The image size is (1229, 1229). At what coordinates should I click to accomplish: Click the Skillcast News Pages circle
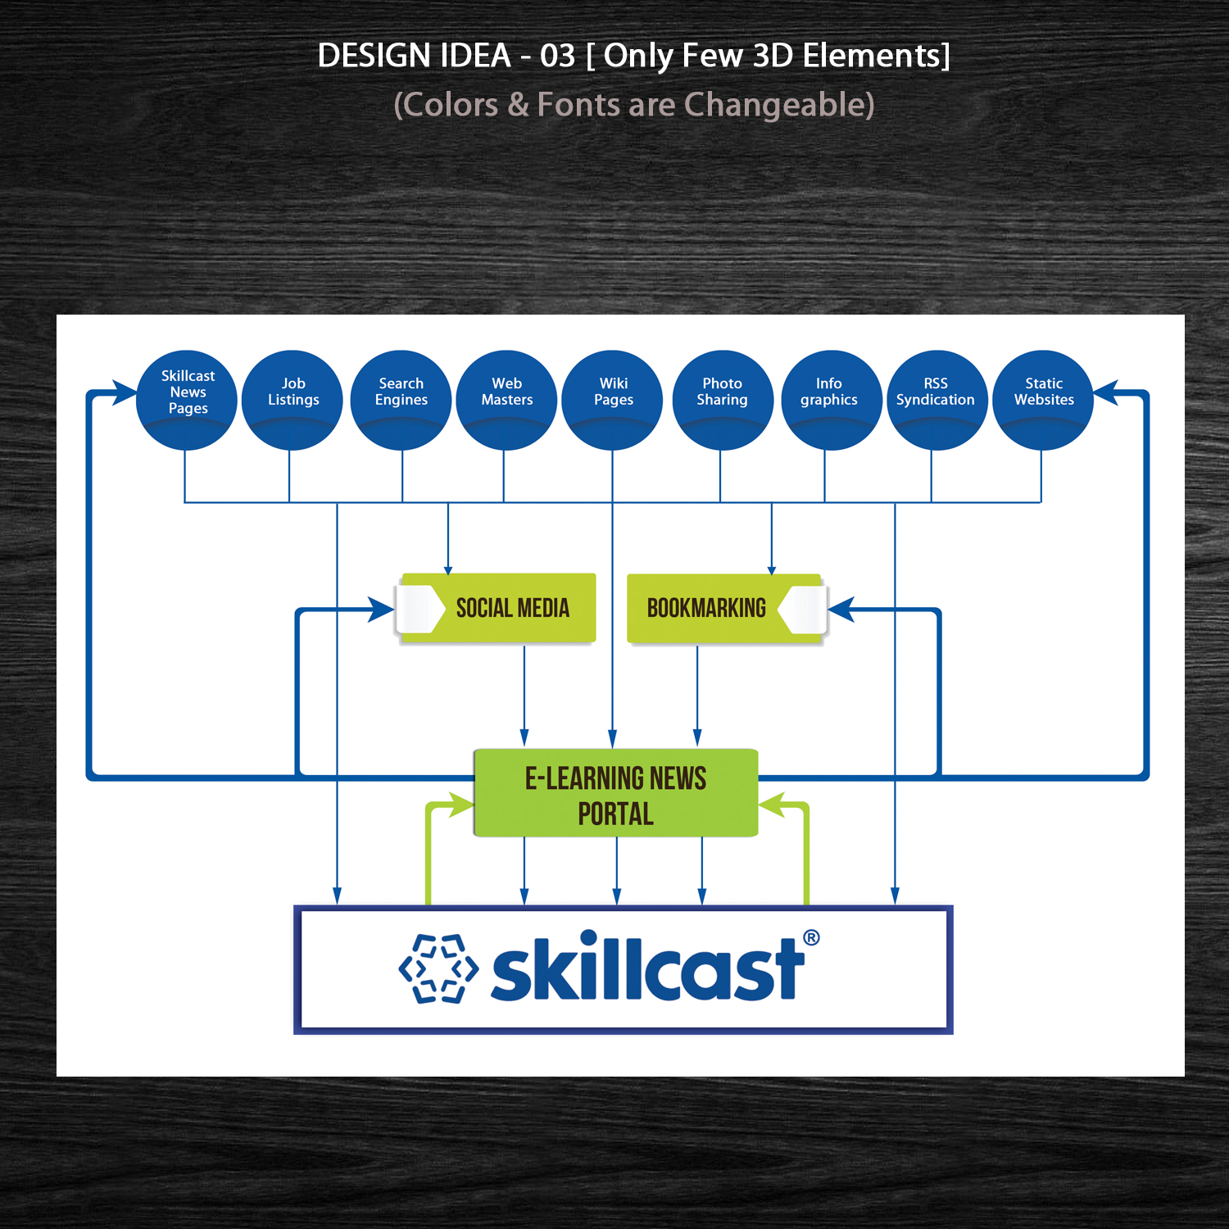[x=187, y=400]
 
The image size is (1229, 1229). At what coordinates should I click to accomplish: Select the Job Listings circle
[x=293, y=400]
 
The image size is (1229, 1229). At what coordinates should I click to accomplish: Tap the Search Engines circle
[x=401, y=400]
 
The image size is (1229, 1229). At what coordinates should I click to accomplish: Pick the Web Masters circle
[x=506, y=400]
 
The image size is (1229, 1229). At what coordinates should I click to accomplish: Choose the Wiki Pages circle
[x=613, y=400]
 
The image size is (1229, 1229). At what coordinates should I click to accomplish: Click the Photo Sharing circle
[x=722, y=400]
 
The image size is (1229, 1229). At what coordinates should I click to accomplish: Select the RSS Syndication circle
[x=936, y=400]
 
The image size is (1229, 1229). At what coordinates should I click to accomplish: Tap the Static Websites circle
[x=1043, y=400]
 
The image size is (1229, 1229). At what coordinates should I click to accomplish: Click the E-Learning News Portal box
[x=616, y=793]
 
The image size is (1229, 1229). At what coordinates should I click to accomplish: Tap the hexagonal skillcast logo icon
[x=438, y=968]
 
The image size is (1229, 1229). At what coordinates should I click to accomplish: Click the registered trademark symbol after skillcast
[x=811, y=937]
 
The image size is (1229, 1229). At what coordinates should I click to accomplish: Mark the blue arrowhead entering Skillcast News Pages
[x=125, y=393]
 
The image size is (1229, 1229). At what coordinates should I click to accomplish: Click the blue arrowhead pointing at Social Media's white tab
[x=382, y=610]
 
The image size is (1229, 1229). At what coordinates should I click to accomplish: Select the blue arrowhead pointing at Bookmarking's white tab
[x=841, y=610]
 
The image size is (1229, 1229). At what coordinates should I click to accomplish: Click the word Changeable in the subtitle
[x=779, y=105]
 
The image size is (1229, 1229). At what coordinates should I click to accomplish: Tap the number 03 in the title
[x=557, y=56]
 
